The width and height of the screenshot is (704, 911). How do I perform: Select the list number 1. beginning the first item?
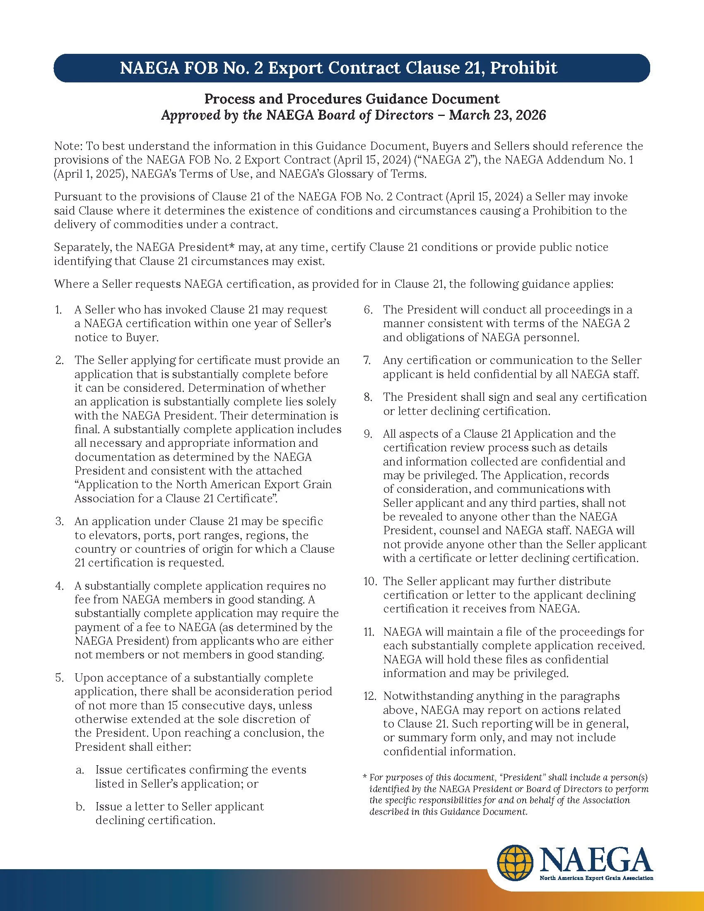click(58, 310)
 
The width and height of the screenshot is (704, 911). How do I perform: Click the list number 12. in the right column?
click(370, 696)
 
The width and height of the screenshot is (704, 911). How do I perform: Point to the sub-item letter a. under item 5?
click(80, 770)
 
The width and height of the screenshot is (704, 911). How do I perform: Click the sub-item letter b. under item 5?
click(80, 807)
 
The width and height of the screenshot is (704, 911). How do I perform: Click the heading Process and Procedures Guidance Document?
click(352, 99)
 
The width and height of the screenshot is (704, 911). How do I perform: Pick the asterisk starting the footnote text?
click(365, 778)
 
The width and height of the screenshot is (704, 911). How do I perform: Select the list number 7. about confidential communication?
click(367, 360)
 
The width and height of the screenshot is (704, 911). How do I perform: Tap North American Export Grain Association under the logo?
click(596, 878)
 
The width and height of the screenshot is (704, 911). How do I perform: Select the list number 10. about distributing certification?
click(370, 581)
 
